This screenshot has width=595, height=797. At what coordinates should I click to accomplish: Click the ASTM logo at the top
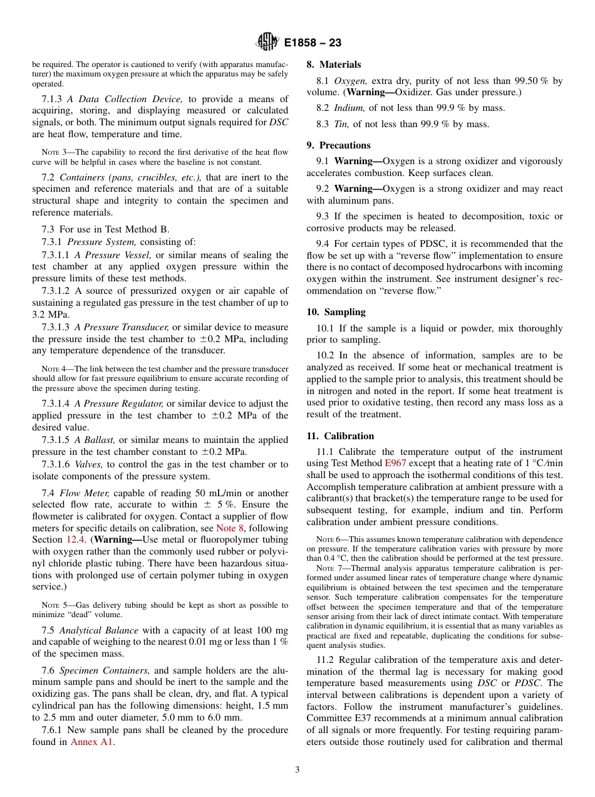(268, 43)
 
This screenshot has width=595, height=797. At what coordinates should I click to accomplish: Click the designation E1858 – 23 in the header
(313, 43)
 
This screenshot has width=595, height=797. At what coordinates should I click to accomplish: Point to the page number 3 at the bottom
(297, 769)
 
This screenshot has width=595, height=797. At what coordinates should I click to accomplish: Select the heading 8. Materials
(334, 65)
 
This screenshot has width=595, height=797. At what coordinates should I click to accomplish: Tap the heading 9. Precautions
(338, 145)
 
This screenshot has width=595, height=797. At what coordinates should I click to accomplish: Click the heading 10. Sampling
(336, 312)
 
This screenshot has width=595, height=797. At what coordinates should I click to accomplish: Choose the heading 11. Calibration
(340, 436)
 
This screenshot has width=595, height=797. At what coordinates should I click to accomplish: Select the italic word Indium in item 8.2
(348, 108)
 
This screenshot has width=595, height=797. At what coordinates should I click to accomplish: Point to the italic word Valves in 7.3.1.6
(88, 464)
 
